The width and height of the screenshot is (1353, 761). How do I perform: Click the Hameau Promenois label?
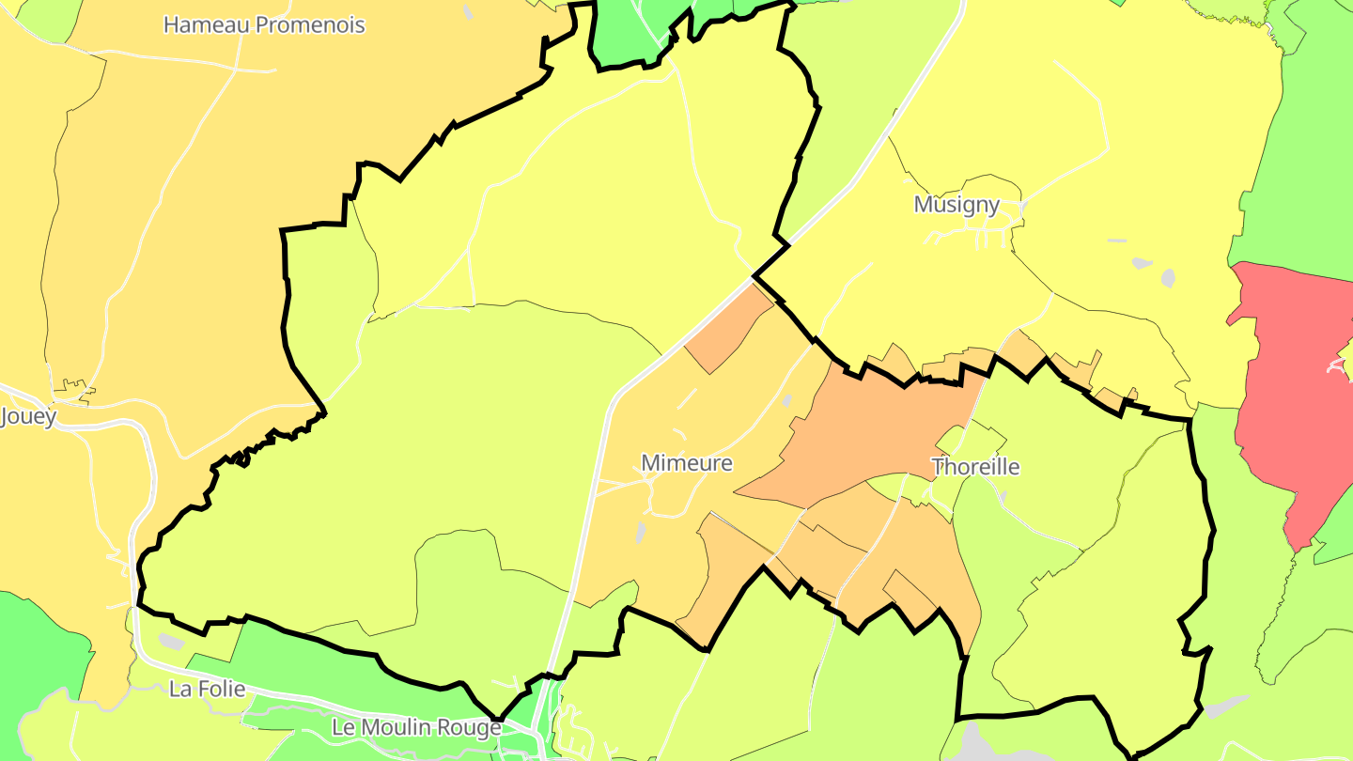click(x=264, y=25)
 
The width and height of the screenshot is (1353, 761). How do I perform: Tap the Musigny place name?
click(x=956, y=205)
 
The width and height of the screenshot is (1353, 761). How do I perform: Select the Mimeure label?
click(x=686, y=463)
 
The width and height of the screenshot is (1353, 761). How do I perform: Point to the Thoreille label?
click(x=974, y=467)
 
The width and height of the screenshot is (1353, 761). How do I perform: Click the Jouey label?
click(x=28, y=416)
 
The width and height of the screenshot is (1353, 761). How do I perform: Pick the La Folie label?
click(x=207, y=690)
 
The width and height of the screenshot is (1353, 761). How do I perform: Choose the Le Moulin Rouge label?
click(x=416, y=728)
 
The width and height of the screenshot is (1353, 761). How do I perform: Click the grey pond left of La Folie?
click(x=171, y=642)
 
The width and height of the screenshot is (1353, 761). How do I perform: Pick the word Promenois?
click(x=309, y=25)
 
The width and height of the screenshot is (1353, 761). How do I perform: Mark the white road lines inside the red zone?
click(x=1338, y=365)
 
